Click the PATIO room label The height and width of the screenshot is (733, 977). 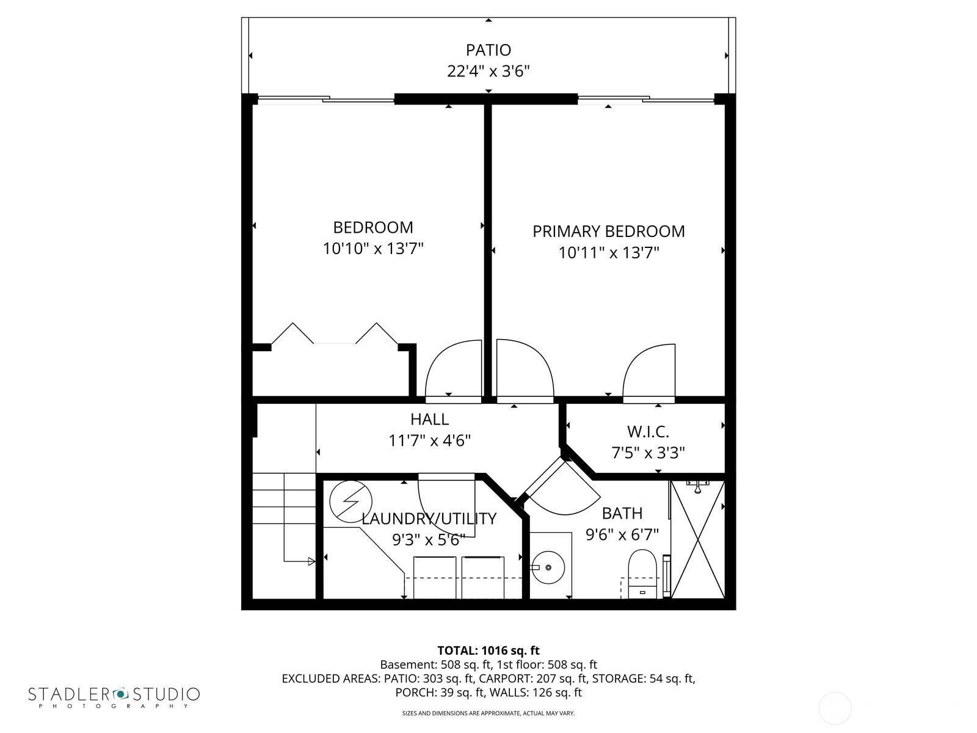(x=488, y=49)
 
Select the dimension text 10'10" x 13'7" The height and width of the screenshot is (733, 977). (x=373, y=249)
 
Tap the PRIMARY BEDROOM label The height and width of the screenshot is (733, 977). (x=608, y=232)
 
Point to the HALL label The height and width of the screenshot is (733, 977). (x=429, y=419)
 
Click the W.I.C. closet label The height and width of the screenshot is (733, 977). (x=648, y=432)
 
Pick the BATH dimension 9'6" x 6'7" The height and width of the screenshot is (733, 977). (x=622, y=535)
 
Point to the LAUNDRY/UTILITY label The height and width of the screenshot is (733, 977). (x=429, y=519)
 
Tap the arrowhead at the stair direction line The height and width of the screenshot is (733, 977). (x=311, y=561)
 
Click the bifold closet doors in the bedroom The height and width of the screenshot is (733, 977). (x=334, y=336)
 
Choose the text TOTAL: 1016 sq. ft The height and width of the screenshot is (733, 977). (x=488, y=651)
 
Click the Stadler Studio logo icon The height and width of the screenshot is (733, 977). (x=120, y=694)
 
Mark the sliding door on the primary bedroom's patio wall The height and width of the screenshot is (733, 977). (x=645, y=100)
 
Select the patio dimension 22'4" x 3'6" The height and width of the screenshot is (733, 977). (x=488, y=71)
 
